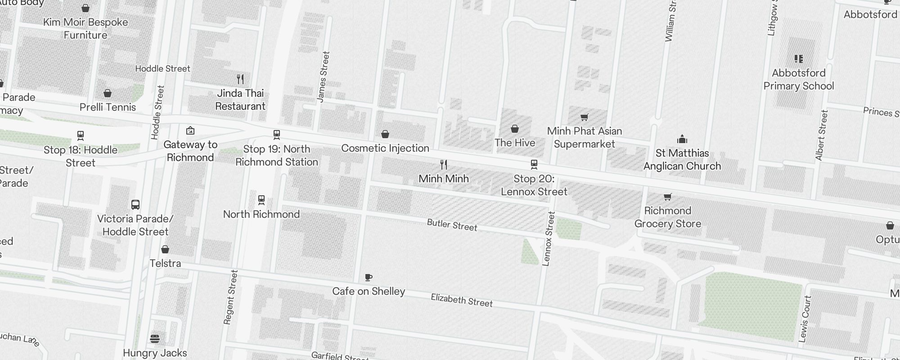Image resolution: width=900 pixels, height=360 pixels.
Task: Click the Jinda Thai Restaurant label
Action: [x=240, y=100]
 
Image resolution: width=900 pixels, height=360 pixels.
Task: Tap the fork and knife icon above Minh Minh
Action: [x=444, y=165]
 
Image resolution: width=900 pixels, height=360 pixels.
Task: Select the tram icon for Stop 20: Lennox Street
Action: [x=534, y=165]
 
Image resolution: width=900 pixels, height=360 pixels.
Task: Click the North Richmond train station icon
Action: [x=261, y=200]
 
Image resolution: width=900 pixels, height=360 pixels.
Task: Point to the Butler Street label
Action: [x=452, y=225]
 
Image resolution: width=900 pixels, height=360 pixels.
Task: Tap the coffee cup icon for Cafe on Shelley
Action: [x=369, y=277]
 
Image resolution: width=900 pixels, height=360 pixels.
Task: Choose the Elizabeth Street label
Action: [x=462, y=300]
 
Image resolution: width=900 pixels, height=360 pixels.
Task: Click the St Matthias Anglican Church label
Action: [x=682, y=160]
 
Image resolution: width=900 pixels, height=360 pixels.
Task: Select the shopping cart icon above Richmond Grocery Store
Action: [x=668, y=197]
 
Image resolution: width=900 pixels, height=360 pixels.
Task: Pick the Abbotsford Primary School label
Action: [x=799, y=80]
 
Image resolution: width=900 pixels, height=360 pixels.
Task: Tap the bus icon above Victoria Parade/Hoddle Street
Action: [x=135, y=205]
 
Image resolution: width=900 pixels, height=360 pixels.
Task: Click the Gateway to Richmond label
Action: [x=190, y=151]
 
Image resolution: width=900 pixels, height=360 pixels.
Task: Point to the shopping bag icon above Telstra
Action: [x=165, y=249]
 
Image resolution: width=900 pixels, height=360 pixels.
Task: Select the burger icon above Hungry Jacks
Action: [x=155, y=338]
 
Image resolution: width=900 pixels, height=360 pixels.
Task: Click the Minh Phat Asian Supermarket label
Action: [x=585, y=138]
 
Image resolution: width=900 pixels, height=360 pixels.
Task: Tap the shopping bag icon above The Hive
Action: [x=515, y=129]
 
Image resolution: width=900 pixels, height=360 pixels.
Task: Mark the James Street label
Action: [x=323, y=76]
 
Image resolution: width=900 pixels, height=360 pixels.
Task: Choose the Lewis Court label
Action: [x=805, y=319]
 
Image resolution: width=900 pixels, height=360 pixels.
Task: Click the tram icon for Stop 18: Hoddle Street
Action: [x=81, y=135]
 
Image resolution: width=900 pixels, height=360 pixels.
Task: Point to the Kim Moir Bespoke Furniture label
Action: [x=85, y=29]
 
